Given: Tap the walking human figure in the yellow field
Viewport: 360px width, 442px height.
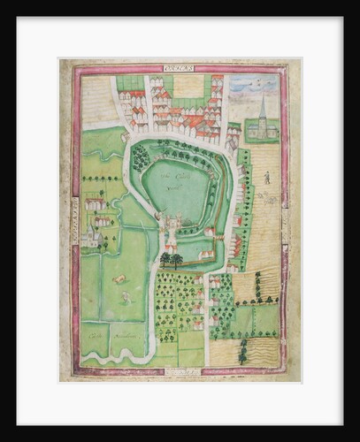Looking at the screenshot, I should (268, 177).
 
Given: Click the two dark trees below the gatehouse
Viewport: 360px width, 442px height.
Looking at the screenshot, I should (172, 258).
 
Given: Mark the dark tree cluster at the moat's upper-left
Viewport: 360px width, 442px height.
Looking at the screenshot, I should (140, 158).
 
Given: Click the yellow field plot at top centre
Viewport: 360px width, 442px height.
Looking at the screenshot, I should (188, 86).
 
